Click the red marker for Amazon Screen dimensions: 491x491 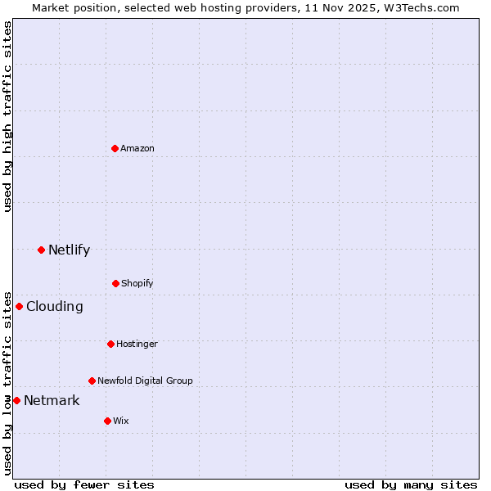(x=115, y=148)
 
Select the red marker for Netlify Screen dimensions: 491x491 (x=41, y=250)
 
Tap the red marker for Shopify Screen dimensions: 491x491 (x=115, y=283)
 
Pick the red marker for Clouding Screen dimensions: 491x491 (x=19, y=306)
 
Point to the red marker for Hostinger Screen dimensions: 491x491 (x=110, y=344)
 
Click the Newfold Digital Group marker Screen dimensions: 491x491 (x=92, y=381)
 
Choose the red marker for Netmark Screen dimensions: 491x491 (x=16, y=400)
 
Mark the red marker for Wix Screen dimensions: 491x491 (x=107, y=421)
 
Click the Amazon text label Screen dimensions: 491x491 (x=137, y=148)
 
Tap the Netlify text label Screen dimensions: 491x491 (x=69, y=250)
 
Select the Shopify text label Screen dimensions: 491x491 (x=137, y=283)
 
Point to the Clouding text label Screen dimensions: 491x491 (x=54, y=306)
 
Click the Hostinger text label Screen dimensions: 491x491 (x=137, y=344)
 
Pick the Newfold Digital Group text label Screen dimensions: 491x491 (x=145, y=381)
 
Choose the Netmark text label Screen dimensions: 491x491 (x=52, y=400)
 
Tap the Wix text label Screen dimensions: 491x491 (x=121, y=421)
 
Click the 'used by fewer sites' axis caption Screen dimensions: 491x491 (x=84, y=484)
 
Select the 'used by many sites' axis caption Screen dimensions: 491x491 (x=411, y=484)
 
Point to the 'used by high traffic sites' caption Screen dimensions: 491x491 (x=7, y=116)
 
